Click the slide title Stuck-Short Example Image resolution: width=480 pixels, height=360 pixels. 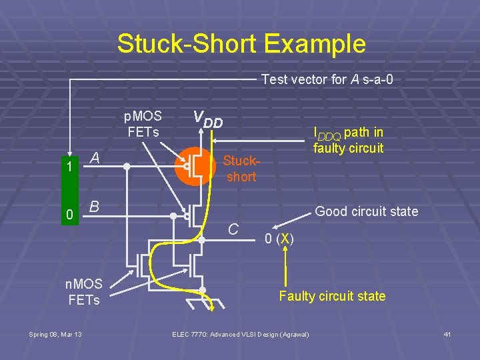(241, 44)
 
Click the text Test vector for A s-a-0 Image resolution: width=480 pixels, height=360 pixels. (327, 79)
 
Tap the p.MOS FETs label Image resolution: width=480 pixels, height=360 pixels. (143, 123)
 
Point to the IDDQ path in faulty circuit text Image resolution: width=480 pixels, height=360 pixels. (348, 140)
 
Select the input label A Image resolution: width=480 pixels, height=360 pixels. (95, 158)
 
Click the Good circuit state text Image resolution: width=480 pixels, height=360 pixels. (366, 212)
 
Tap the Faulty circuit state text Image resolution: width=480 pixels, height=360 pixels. (332, 296)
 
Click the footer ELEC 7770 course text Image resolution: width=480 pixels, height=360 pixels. (240, 334)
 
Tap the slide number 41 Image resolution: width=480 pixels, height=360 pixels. (447, 334)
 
